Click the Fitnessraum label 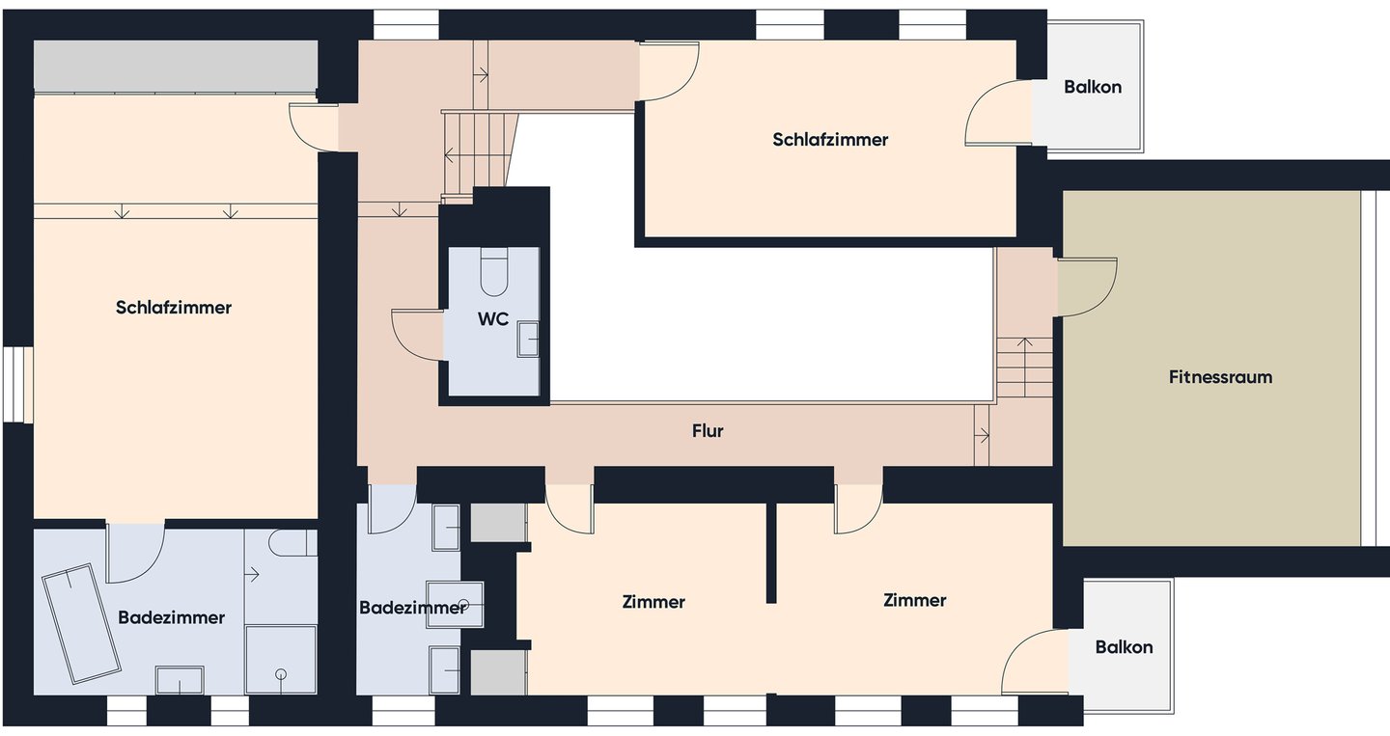coord(1220,377)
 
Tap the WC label coord(493,318)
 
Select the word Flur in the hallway coord(708,431)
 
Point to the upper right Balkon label coord(1093,87)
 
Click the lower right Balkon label coord(1124,647)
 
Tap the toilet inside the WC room coord(494,272)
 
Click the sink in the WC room coord(528,340)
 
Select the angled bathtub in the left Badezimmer coord(81,623)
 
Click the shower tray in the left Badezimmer coord(281,660)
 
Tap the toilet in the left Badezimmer coord(292,542)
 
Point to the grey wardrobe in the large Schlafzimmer coord(176,65)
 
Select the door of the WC coord(416,334)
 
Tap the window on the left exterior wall coord(17,385)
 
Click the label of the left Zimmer coord(653,602)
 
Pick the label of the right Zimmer coord(915,600)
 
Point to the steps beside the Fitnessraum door coord(1024,368)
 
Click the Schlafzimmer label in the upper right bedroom coord(830,140)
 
